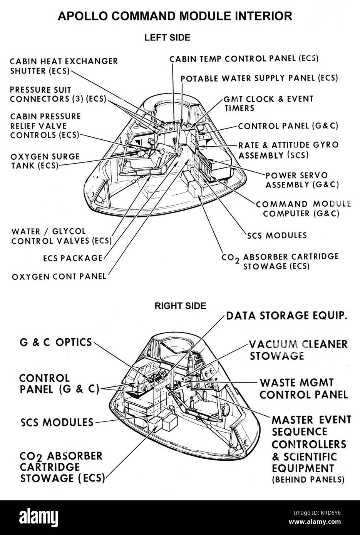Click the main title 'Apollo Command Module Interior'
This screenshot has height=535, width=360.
tap(174, 16)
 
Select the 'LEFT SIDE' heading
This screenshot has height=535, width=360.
tap(167, 37)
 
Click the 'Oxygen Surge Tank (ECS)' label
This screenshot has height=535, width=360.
tap(45, 161)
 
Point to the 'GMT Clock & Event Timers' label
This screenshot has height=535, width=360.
tap(269, 103)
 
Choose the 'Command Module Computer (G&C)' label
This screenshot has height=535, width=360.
tap(303, 208)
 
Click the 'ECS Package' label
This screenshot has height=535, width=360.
tap(73, 258)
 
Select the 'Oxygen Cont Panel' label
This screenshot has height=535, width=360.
tap(59, 276)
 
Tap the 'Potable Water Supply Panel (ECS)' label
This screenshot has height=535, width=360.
tap(259, 78)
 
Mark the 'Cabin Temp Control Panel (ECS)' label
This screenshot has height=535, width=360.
tap(244, 59)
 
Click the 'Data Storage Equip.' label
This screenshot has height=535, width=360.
tap(286, 316)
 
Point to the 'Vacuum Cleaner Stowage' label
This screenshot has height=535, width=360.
tap(298, 349)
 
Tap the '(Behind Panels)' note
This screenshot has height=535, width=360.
tap(308, 480)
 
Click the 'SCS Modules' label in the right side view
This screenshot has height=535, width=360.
tap(57, 422)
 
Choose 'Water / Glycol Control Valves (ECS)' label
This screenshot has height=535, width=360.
tap(61, 236)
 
